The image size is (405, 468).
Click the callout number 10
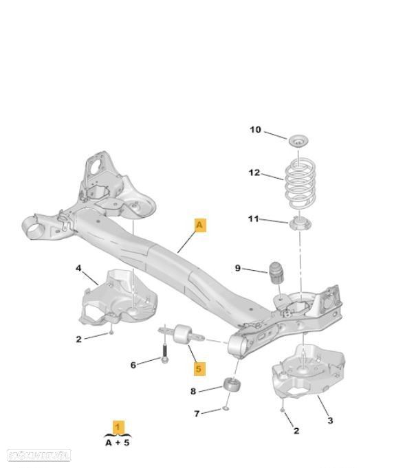pyautogui.click(x=255, y=130)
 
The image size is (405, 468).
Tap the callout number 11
pyautogui.click(x=254, y=219)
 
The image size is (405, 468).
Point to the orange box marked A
pyautogui.click(x=200, y=225)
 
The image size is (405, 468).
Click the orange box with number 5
pyautogui.click(x=199, y=368)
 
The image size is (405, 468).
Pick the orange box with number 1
pyautogui.click(x=119, y=427)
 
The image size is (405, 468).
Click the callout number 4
pyautogui.click(x=78, y=268)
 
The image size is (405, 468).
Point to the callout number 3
pyautogui.click(x=330, y=419)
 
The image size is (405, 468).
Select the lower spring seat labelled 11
pyautogui.click(x=300, y=225)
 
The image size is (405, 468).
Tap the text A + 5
pyautogui.click(x=118, y=444)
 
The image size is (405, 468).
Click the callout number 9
pyautogui.click(x=238, y=268)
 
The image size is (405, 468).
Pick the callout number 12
pyautogui.click(x=254, y=172)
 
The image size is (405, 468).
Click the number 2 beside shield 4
pyautogui.click(x=78, y=339)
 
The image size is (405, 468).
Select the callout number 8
pyautogui.click(x=193, y=392)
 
